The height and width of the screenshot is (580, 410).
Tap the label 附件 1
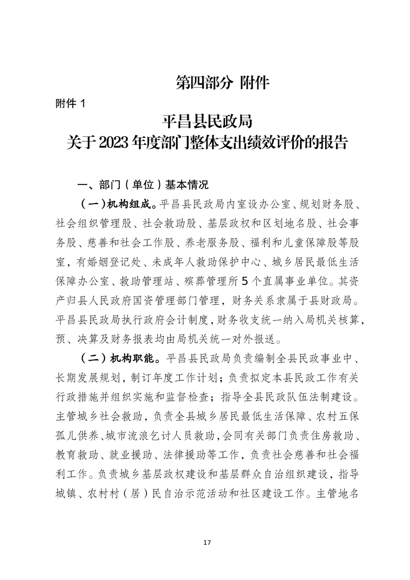[x=69, y=103]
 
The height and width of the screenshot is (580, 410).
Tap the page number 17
[x=207, y=543]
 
